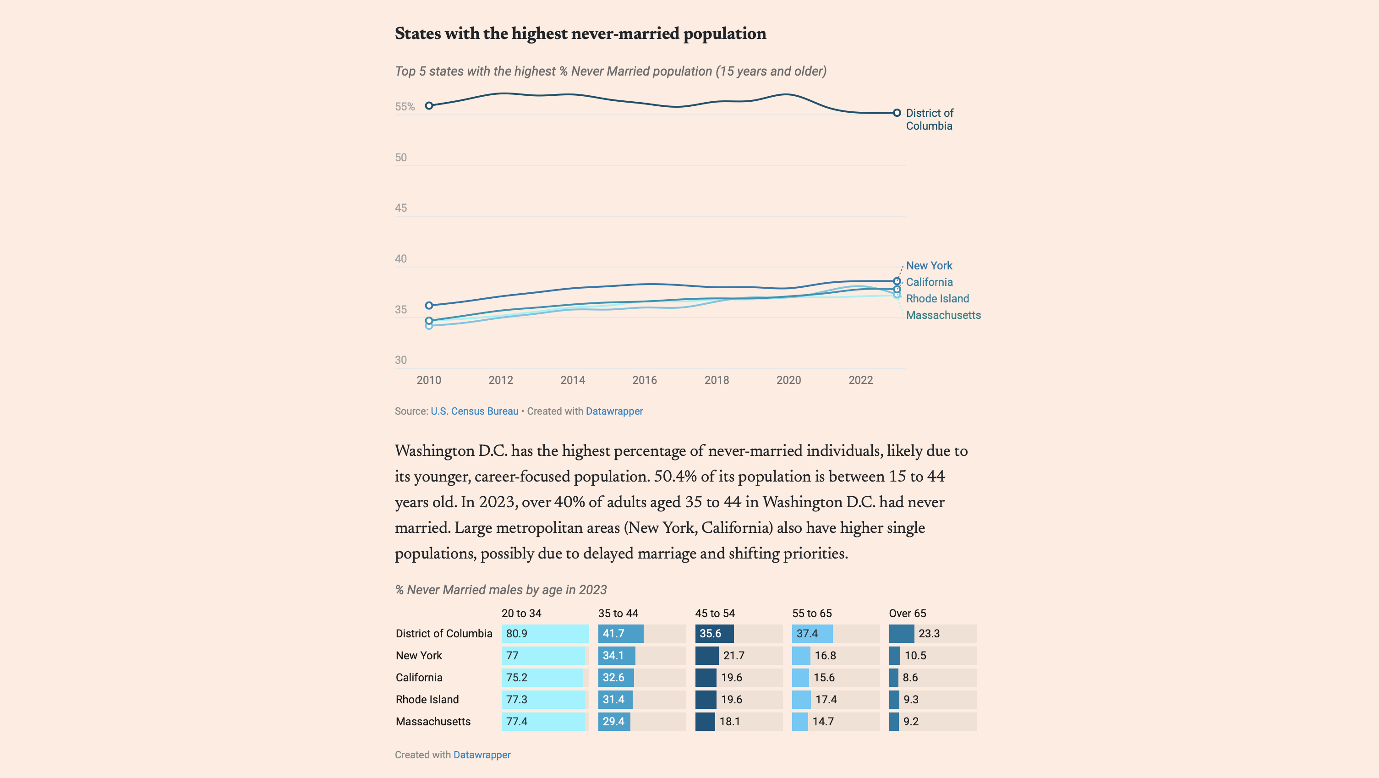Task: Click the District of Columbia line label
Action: (x=929, y=120)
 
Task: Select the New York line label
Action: (x=929, y=266)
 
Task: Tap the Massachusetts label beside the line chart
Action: (x=943, y=315)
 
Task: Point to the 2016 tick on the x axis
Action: (x=645, y=380)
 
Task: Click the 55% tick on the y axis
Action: (x=405, y=107)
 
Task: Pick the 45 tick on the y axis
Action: (x=401, y=208)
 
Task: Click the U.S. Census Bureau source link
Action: (x=474, y=411)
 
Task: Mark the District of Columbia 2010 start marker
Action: (x=429, y=106)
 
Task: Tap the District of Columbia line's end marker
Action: (x=897, y=113)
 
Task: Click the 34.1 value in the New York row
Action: (x=613, y=655)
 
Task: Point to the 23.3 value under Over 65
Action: (x=929, y=633)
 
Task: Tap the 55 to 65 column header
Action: (x=811, y=614)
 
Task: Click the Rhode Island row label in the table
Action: (x=427, y=699)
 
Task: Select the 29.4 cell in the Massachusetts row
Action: (x=613, y=721)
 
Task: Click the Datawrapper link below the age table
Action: (x=482, y=755)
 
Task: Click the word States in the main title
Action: (x=417, y=34)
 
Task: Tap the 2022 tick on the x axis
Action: (x=860, y=380)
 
